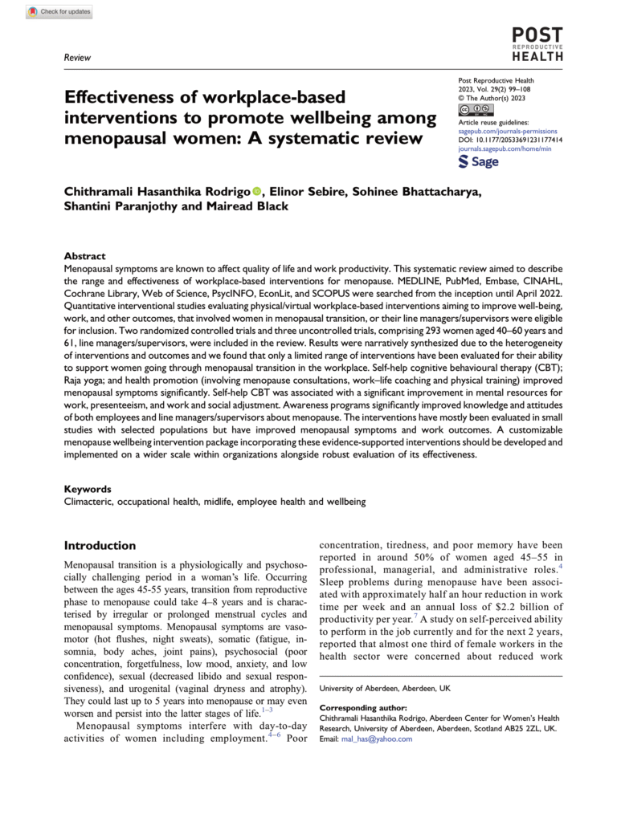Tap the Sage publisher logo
[x=478, y=161]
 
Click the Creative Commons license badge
[x=475, y=108]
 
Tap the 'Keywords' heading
[x=88, y=488]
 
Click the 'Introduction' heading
[x=105, y=545]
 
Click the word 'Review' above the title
[x=77, y=58]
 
